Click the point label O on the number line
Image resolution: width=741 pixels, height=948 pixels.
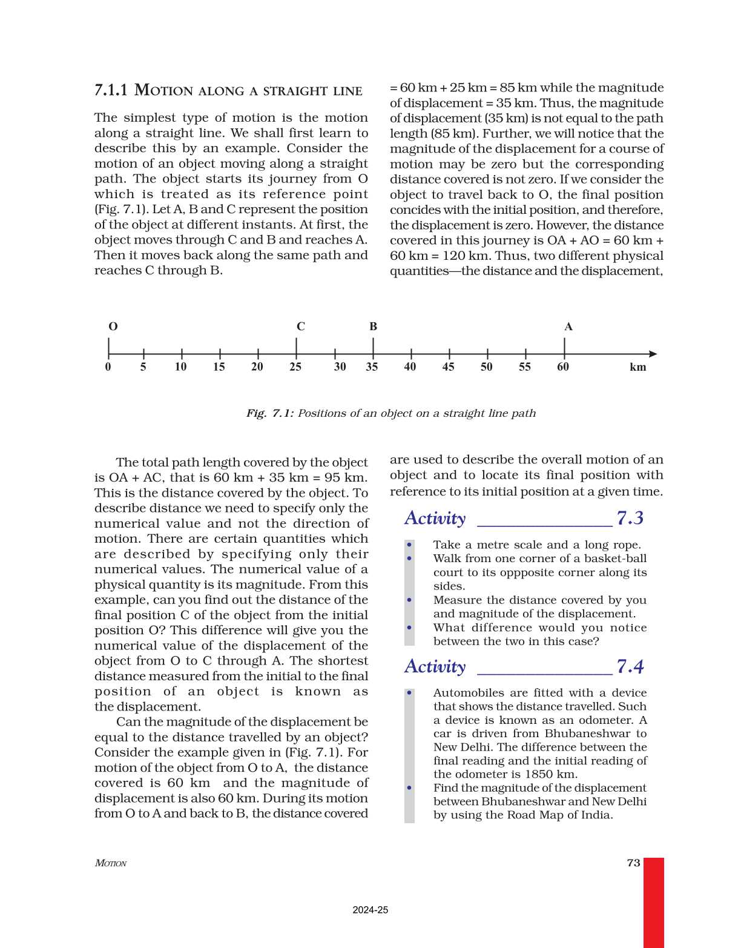tap(113, 326)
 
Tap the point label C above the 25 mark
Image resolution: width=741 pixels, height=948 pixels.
tap(300, 326)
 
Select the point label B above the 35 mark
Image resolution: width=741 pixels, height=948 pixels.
tap(373, 326)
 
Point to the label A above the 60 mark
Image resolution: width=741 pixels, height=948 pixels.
tap(568, 326)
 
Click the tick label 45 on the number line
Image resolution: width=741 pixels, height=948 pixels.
tap(448, 367)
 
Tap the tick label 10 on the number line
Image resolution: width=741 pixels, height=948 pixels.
tap(180, 367)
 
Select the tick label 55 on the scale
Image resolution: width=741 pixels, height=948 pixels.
tap(524, 367)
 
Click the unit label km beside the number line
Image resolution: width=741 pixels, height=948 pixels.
tap(637, 367)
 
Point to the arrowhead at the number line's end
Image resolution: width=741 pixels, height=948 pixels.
tap(653, 354)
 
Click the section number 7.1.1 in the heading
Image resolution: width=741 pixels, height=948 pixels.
tap(111, 90)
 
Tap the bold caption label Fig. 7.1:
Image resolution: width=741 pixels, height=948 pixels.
tap(270, 413)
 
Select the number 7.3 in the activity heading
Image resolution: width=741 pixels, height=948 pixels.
tap(630, 518)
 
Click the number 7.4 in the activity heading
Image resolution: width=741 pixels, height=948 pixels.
tap(630, 666)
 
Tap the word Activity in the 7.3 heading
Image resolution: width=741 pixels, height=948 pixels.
tap(435, 519)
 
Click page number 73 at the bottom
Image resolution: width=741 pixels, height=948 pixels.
tap(633, 863)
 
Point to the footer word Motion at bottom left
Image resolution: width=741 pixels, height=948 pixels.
tap(111, 863)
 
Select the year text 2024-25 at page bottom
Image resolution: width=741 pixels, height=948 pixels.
tap(370, 910)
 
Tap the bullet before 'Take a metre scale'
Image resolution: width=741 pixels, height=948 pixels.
tap(410, 545)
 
